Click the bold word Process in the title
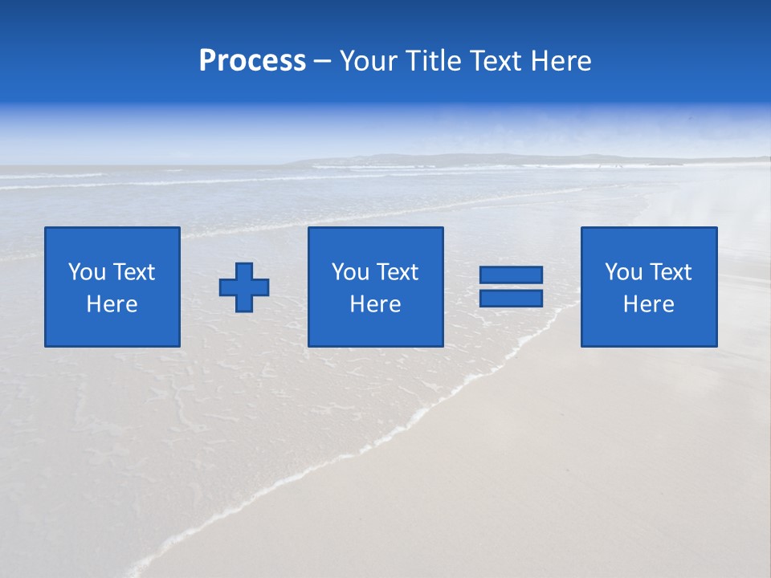click(252, 61)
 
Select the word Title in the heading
click(431, 61)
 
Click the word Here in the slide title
click(561, 61)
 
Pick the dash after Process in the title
click(322, 62)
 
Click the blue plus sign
click(244, 287)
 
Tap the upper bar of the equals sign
click(511, 275)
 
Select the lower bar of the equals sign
click(511, 299)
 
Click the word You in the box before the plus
click(87, 272)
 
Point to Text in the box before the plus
click(133, 272)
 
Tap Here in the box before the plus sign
click(112, 304)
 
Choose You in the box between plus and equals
click(350, 272)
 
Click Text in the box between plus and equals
click(397, 272)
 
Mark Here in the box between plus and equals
click(375, 304)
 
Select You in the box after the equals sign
click(623, 272)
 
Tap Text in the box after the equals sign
click(670, 272)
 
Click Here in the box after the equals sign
click(648, 304)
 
